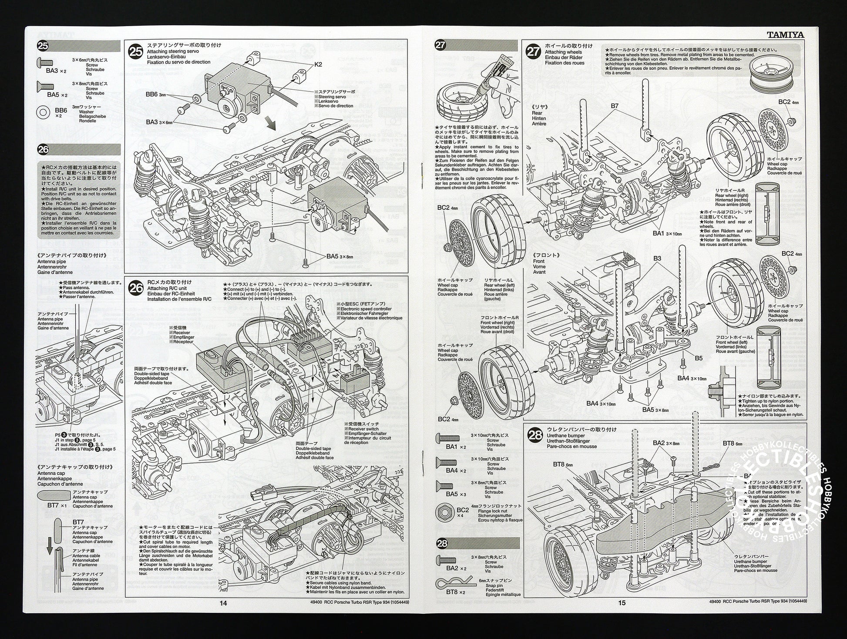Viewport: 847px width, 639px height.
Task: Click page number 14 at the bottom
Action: pyautogui.click(x=223, y=603)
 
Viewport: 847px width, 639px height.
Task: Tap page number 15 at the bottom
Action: pyautogui.click(x=622, y=603)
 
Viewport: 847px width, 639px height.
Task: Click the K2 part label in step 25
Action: pyautogui.click(x=318, y=64)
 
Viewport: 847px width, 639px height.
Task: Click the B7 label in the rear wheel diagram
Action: pyautogui.click(x=614, y=106)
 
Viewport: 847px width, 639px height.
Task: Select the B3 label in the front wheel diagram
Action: pyautogui.click(x=657, y=259)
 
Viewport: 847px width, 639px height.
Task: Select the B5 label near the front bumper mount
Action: pyautogui.click(x=699, y=358)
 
